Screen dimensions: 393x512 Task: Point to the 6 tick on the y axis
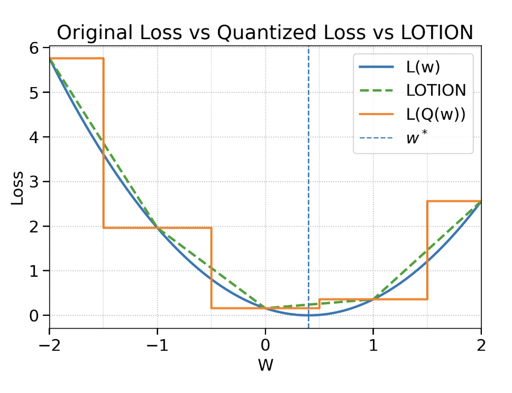click(x=35, y=48)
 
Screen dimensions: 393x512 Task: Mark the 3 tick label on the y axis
click(x=35, y=182)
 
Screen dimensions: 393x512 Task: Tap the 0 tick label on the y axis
click(x=35, y=315)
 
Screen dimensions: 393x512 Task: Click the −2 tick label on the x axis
click(x=49, y=346)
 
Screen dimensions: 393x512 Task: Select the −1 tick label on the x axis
click(x=157, y=346)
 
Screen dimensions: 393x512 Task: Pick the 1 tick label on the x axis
click(x=373, y=346)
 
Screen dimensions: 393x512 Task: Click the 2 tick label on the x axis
click(x=481, y=346)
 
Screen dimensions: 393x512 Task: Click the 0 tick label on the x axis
click(x=265, y=346)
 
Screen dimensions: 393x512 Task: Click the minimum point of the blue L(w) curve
click(x=308, y=315)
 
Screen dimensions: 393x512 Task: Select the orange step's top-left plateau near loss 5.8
click(x=76, y=58)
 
